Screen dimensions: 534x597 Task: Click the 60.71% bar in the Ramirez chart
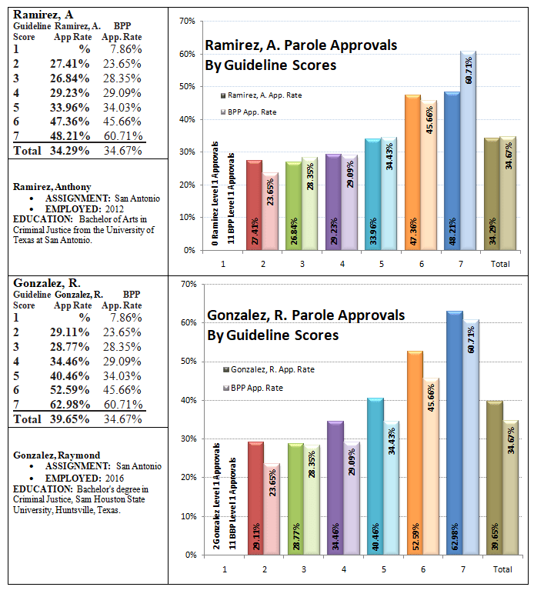(468, 150)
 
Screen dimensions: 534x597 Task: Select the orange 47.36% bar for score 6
(413, 172)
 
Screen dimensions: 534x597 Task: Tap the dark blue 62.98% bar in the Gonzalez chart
(455, 433)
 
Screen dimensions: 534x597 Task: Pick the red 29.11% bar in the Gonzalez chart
(255, 499)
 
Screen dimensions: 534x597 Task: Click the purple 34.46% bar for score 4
(335, 488)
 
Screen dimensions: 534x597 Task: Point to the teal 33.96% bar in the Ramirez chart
(372, 194)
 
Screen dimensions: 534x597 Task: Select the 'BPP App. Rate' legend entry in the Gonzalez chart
(253, 388)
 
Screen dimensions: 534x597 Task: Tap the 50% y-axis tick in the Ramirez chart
(188, 86)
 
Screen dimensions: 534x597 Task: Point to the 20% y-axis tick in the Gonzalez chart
(189, 478)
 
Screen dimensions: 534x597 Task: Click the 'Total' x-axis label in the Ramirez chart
(500, 264)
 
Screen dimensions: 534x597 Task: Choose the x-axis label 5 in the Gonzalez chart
(383, 569)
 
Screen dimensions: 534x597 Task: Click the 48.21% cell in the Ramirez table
(70, 136)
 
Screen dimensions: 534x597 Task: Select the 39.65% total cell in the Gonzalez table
(70, 419)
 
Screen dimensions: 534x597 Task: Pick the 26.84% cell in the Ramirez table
(70, 78)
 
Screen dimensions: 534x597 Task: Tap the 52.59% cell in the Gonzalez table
(70, 390)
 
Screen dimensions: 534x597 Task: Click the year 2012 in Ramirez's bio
(115, 209)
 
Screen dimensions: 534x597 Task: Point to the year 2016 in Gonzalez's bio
(115, 478)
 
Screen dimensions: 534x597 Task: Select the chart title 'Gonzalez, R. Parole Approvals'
(305, 315)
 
